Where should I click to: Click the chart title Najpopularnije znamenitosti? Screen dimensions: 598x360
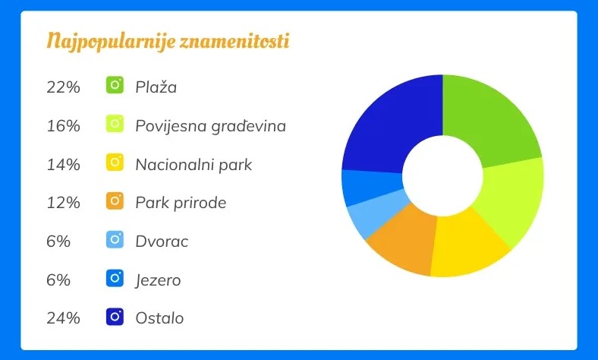pyautogui.click(x=168, y=41)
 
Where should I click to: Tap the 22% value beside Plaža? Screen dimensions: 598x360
pyautogui.click(x=63, y=87)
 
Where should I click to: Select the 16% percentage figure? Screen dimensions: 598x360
pyautogui.click(x=63, y=126)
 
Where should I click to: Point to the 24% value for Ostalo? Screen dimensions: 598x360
pyautogui.click(x=63, y=318)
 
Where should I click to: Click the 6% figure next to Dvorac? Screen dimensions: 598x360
pyautogui.click(x=58, y=242)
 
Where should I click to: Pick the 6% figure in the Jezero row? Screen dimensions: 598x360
pyautogui.click(x=58, y=279)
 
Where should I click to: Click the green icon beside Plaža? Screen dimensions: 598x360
pyautogui.click(x=115, y=85)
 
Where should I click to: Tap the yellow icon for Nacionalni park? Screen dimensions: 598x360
pyautogui.click(x=115, y=163)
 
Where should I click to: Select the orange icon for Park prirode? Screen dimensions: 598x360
pyautogui.click(x=115, y=201)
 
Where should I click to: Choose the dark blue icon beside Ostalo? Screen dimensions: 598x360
pyautogui.click(x=115, y=317)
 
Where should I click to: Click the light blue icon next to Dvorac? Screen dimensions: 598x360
pyautogui.click(x=115, y=239)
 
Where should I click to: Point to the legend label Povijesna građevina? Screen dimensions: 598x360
pyautogui.click(x=210, y=126)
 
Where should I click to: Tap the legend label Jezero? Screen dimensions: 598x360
pyautogui.click(x=159, y=280)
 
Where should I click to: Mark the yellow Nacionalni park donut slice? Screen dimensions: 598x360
pyautogui.click(x=467, y=245)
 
